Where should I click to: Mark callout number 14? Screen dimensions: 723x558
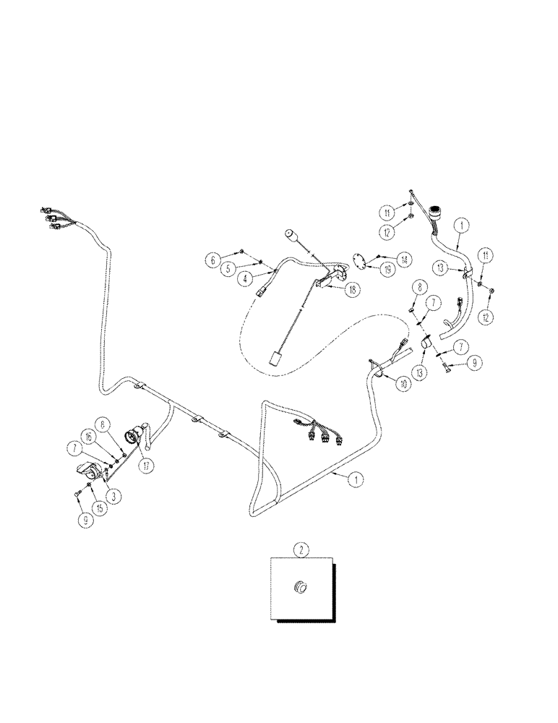point(403,258)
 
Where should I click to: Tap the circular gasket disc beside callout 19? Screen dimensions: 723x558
point(359,261)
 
